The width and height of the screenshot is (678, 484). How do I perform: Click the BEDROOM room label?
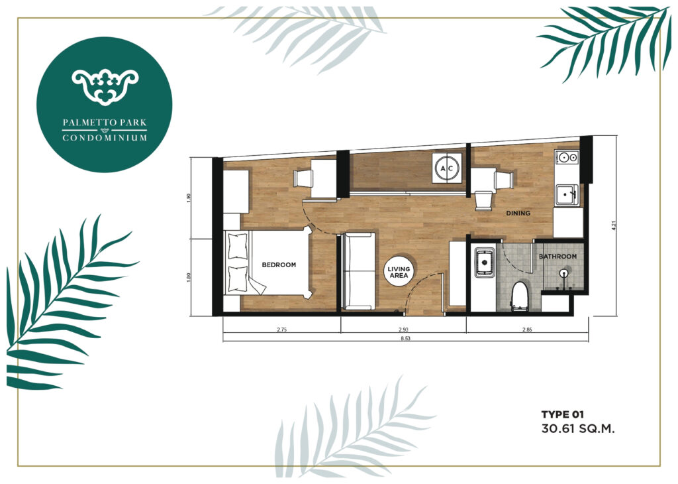[279, 265]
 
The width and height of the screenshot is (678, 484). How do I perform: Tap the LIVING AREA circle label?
[399, 272]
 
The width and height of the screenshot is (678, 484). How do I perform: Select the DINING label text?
[518, 213]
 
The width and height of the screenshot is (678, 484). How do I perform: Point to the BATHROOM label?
[557, 257]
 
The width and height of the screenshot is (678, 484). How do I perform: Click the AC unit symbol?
[446, 168]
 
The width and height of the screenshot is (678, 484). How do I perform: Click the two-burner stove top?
[567, 156]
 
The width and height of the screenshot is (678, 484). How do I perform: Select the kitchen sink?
[567, 194]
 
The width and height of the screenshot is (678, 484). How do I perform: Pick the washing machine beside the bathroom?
[484, 262]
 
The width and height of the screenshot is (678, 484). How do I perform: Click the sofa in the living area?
[358, 271]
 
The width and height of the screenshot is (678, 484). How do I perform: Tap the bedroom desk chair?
[303, 178]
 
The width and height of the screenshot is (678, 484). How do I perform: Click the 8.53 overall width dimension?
[405, 339]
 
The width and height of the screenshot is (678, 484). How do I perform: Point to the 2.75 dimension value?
[281, 330]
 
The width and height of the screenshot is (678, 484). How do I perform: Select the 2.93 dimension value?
[403, 330]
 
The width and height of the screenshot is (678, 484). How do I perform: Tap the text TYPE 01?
[563, 414]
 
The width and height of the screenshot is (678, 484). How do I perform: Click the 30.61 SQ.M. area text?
[577, 429]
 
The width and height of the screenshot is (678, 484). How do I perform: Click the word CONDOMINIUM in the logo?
[105, 138]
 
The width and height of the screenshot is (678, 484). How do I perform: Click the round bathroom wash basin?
[563, 273]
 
